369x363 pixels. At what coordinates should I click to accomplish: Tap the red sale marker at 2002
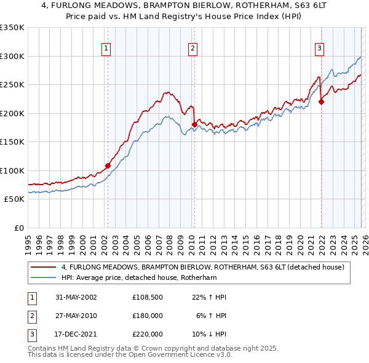click(x=108, y=166)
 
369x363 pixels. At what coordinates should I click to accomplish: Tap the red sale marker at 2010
click(x=194, y=124)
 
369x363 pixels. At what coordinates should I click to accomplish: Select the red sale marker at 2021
click(x=321, y=102)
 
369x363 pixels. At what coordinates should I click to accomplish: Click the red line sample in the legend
click(x=43, y=267)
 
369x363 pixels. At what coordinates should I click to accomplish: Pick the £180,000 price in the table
click(x=148, y=316)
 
